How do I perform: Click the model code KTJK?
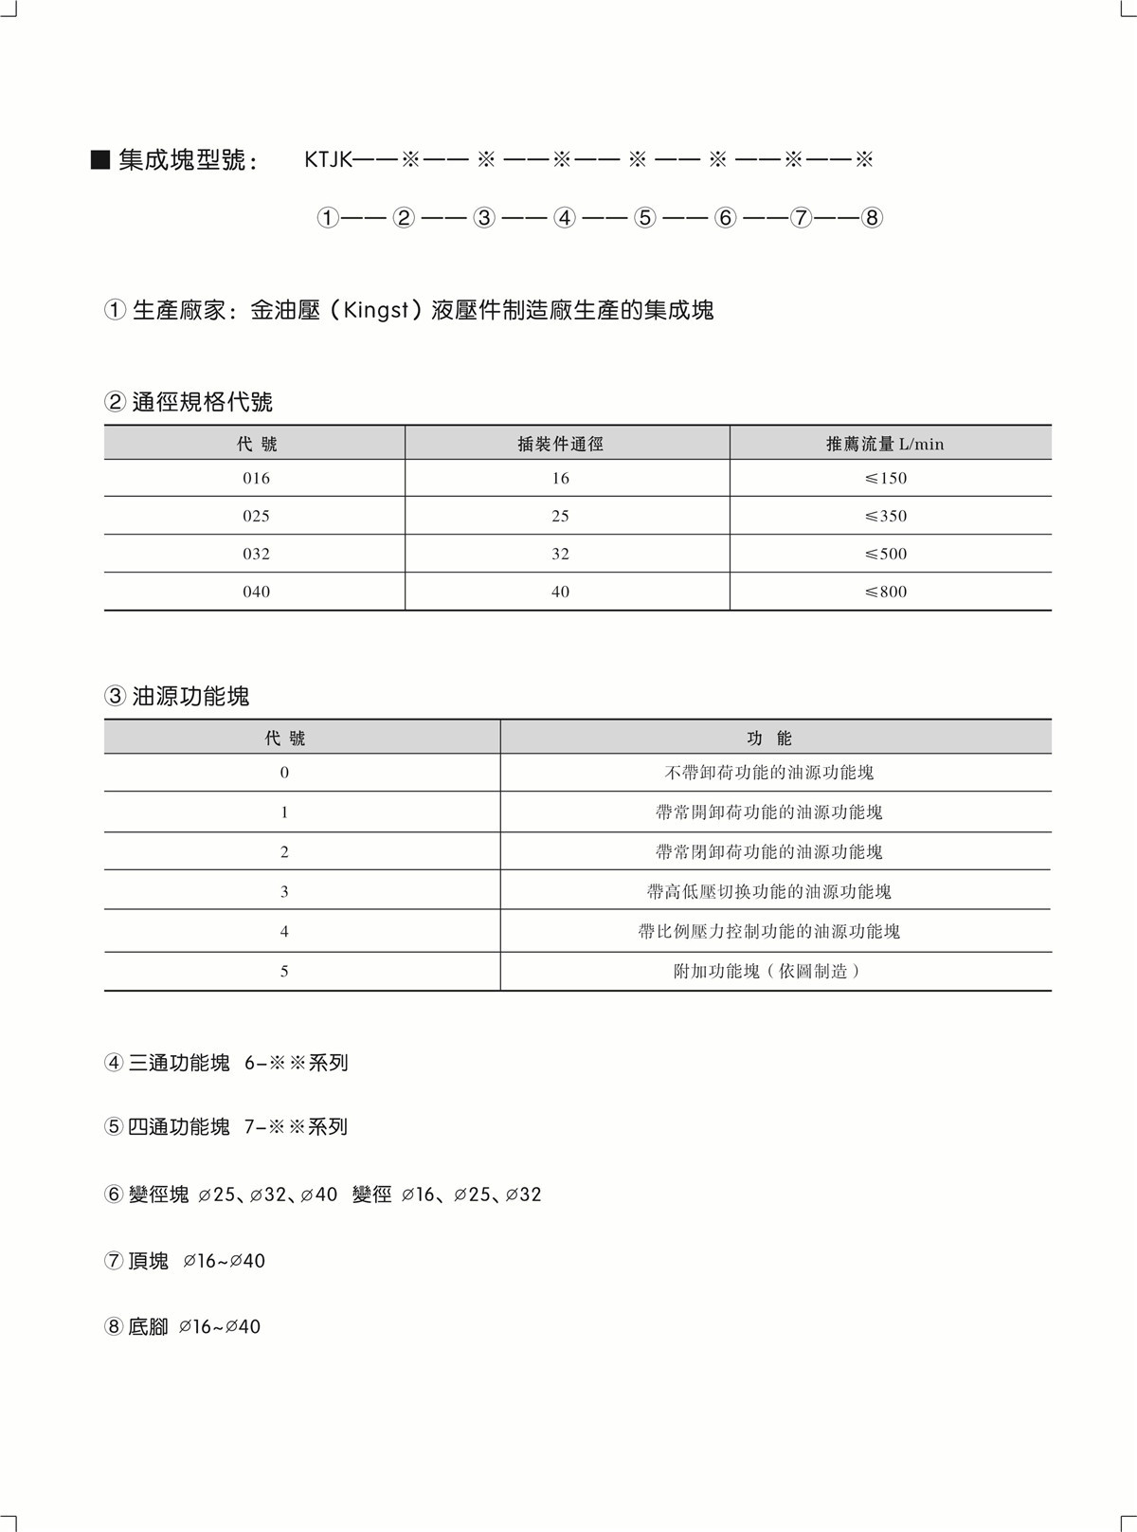pyautogui.click(x=327, y=159)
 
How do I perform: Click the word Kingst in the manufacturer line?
pyautogui.click(x=376, y=310)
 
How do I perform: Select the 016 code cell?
pyautogui.click(x=256, y=478)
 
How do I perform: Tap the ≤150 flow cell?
pyautogui.click(x=886, y=478)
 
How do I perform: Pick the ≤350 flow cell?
pyautogui.click(x=886, y=516)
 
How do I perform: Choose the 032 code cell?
pyautogui.click(x=256, y=554)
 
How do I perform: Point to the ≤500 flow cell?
pyautogui.click(x=886, y=554)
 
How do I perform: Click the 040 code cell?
pyautogui.click(x=256, y=592)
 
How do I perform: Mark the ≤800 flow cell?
pyautogui.click(x=886, y=592)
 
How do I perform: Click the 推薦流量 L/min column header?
pyautogui.click(x=885, y=444)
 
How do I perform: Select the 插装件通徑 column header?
pyautogui.click(x=560, y=444)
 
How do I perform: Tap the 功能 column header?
pyautogui.click(x=769, y=739)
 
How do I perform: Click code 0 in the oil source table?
pyautogui.click(x=284, y=773)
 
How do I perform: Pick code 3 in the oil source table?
pyautogui.click(x=284, y=891)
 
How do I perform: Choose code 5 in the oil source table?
pyautogui.click(x=284, y=971)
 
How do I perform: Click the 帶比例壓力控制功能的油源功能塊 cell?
pyautogui.click(x=769, y=931)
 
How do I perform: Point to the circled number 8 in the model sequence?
pyautogui.click(x=873, y=218)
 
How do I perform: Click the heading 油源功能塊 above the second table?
pyautogui.click(x=190, y=697)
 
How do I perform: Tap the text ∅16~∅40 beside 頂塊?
pyautogui.click(x=225, y=1261)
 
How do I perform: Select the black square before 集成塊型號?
pyautogui.click(x=99, y=159)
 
